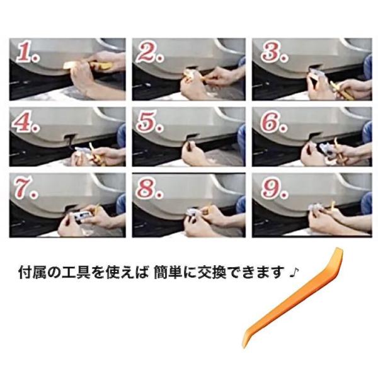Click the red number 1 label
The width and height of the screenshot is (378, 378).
(26, 54)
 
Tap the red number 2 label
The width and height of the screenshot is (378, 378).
(149, 53)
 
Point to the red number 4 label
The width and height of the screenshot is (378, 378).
(25, 123)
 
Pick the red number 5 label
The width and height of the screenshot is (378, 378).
(149, 122)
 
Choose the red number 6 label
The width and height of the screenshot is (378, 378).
(273, 122)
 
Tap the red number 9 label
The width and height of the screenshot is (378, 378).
(274, 188)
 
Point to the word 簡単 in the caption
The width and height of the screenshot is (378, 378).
(168, 272)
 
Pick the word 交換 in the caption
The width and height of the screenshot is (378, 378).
(212, 272)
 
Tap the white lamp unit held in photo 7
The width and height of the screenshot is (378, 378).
(82, 215)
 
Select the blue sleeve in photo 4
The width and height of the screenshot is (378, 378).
(121, 135)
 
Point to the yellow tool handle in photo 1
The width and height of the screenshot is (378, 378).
(101, 66)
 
